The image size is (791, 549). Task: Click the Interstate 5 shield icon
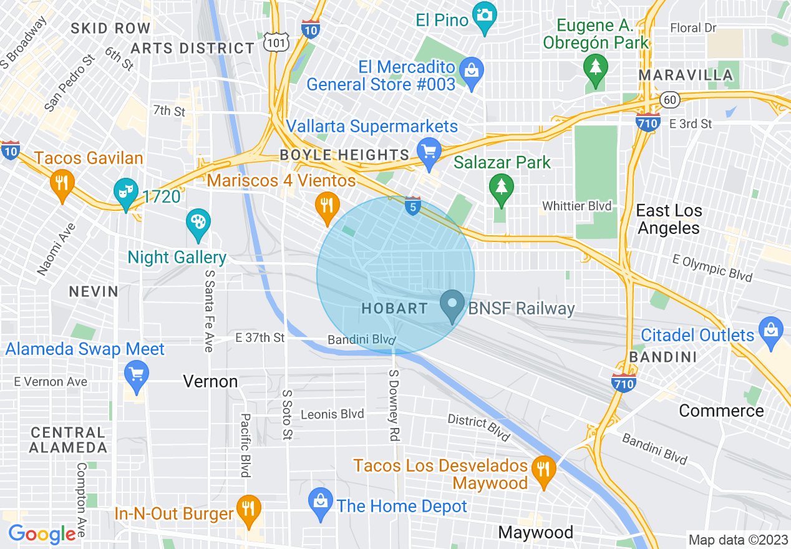[x=412, y=206]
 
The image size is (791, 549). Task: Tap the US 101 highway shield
[x=276, y=42]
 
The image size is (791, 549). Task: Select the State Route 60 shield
[x=669, y=99]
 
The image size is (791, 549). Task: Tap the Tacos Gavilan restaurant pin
[x=62, y=184]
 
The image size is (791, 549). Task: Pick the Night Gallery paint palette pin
[x=198, y=223]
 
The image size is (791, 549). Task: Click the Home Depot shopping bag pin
[x=321, y=503]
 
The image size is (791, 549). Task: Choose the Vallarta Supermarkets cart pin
[x=429, y=153]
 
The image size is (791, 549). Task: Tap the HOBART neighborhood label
[x=395, y=308]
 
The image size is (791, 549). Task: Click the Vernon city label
[x=210, y=381]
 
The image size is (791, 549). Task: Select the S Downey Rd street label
[x=394, y=406]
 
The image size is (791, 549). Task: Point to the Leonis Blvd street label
[x=332, y=414]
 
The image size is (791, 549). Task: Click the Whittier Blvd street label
[x=577, y=206]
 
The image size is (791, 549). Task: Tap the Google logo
[x=42, y=534]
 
